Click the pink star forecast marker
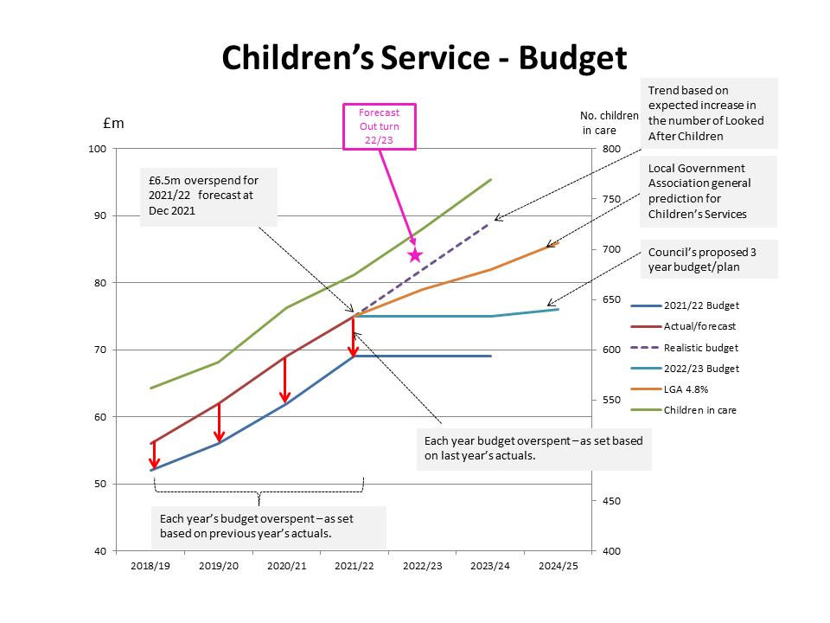(x=415, y=254)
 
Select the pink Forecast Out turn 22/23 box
(x=379, y=126)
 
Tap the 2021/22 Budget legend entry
(x=701, y=305)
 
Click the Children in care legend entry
(x=699, y=409)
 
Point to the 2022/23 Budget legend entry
(x=701, y=368)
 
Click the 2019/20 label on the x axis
(x=219, y=566)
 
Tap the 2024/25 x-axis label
(x=558, y=566)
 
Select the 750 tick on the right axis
(x=612, y=199)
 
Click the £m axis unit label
(x=113, y=123)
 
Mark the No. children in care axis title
(x=610, y=122)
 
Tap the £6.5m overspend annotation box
(x=208, y=196)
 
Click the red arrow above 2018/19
(x=154, y=456)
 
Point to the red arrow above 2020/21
(x=285, y=380)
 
